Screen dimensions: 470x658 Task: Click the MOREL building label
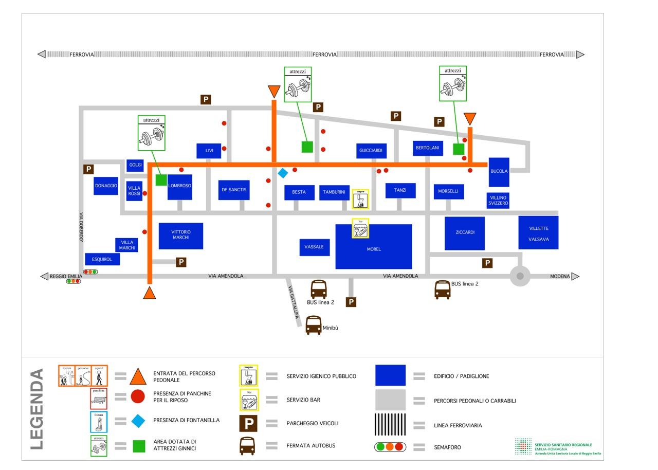374,249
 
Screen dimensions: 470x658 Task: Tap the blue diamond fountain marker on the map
283,173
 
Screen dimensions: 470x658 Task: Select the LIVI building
209,151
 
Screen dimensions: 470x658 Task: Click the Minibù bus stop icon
314,326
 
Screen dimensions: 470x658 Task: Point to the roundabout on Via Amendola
520,276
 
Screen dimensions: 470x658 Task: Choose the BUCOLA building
499,172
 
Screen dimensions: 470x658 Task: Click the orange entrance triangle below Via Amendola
149,293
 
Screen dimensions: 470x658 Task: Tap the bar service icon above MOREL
360,228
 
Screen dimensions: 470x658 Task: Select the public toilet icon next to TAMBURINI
360,199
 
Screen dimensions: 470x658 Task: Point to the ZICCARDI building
465,233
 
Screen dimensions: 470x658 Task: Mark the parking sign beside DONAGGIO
88,169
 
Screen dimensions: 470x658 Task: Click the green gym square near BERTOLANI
459,149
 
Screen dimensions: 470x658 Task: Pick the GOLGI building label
135,165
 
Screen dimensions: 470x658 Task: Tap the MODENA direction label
560,277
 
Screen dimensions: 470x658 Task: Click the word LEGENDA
37,409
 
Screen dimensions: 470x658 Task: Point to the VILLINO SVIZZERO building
498,201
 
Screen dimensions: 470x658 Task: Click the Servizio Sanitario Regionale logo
558,447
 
